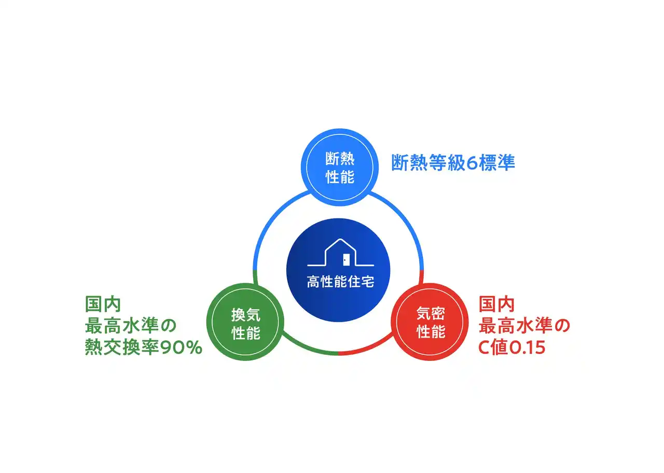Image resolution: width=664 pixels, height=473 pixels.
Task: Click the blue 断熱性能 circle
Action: (340, 167)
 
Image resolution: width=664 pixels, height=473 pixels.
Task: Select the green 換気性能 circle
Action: (245, 322)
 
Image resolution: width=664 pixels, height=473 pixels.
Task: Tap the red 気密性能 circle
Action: (430, 322)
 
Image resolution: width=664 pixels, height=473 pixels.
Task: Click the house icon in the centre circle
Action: (340, 252)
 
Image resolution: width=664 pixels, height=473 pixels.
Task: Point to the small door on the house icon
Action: (346, 260)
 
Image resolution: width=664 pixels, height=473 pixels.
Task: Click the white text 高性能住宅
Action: (340, 281)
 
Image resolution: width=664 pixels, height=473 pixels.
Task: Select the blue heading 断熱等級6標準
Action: (453, 162)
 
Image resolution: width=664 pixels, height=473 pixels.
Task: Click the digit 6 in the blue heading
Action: (472, 163)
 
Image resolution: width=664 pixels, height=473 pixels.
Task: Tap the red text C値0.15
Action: (512, 347)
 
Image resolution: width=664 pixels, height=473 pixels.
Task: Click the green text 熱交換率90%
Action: (144, 347)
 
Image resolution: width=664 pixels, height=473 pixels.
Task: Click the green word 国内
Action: (103, 304)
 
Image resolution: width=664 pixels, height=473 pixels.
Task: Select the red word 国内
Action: (496, 304)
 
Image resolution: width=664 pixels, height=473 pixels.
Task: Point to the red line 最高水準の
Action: (524, 325)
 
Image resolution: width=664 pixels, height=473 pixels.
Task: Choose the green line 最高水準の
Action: (130, 325)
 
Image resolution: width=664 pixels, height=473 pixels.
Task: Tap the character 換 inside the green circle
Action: (238, 315)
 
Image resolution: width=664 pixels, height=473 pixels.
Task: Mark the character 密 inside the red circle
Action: (438, 313)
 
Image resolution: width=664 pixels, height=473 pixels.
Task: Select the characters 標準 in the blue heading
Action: (497, 162)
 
